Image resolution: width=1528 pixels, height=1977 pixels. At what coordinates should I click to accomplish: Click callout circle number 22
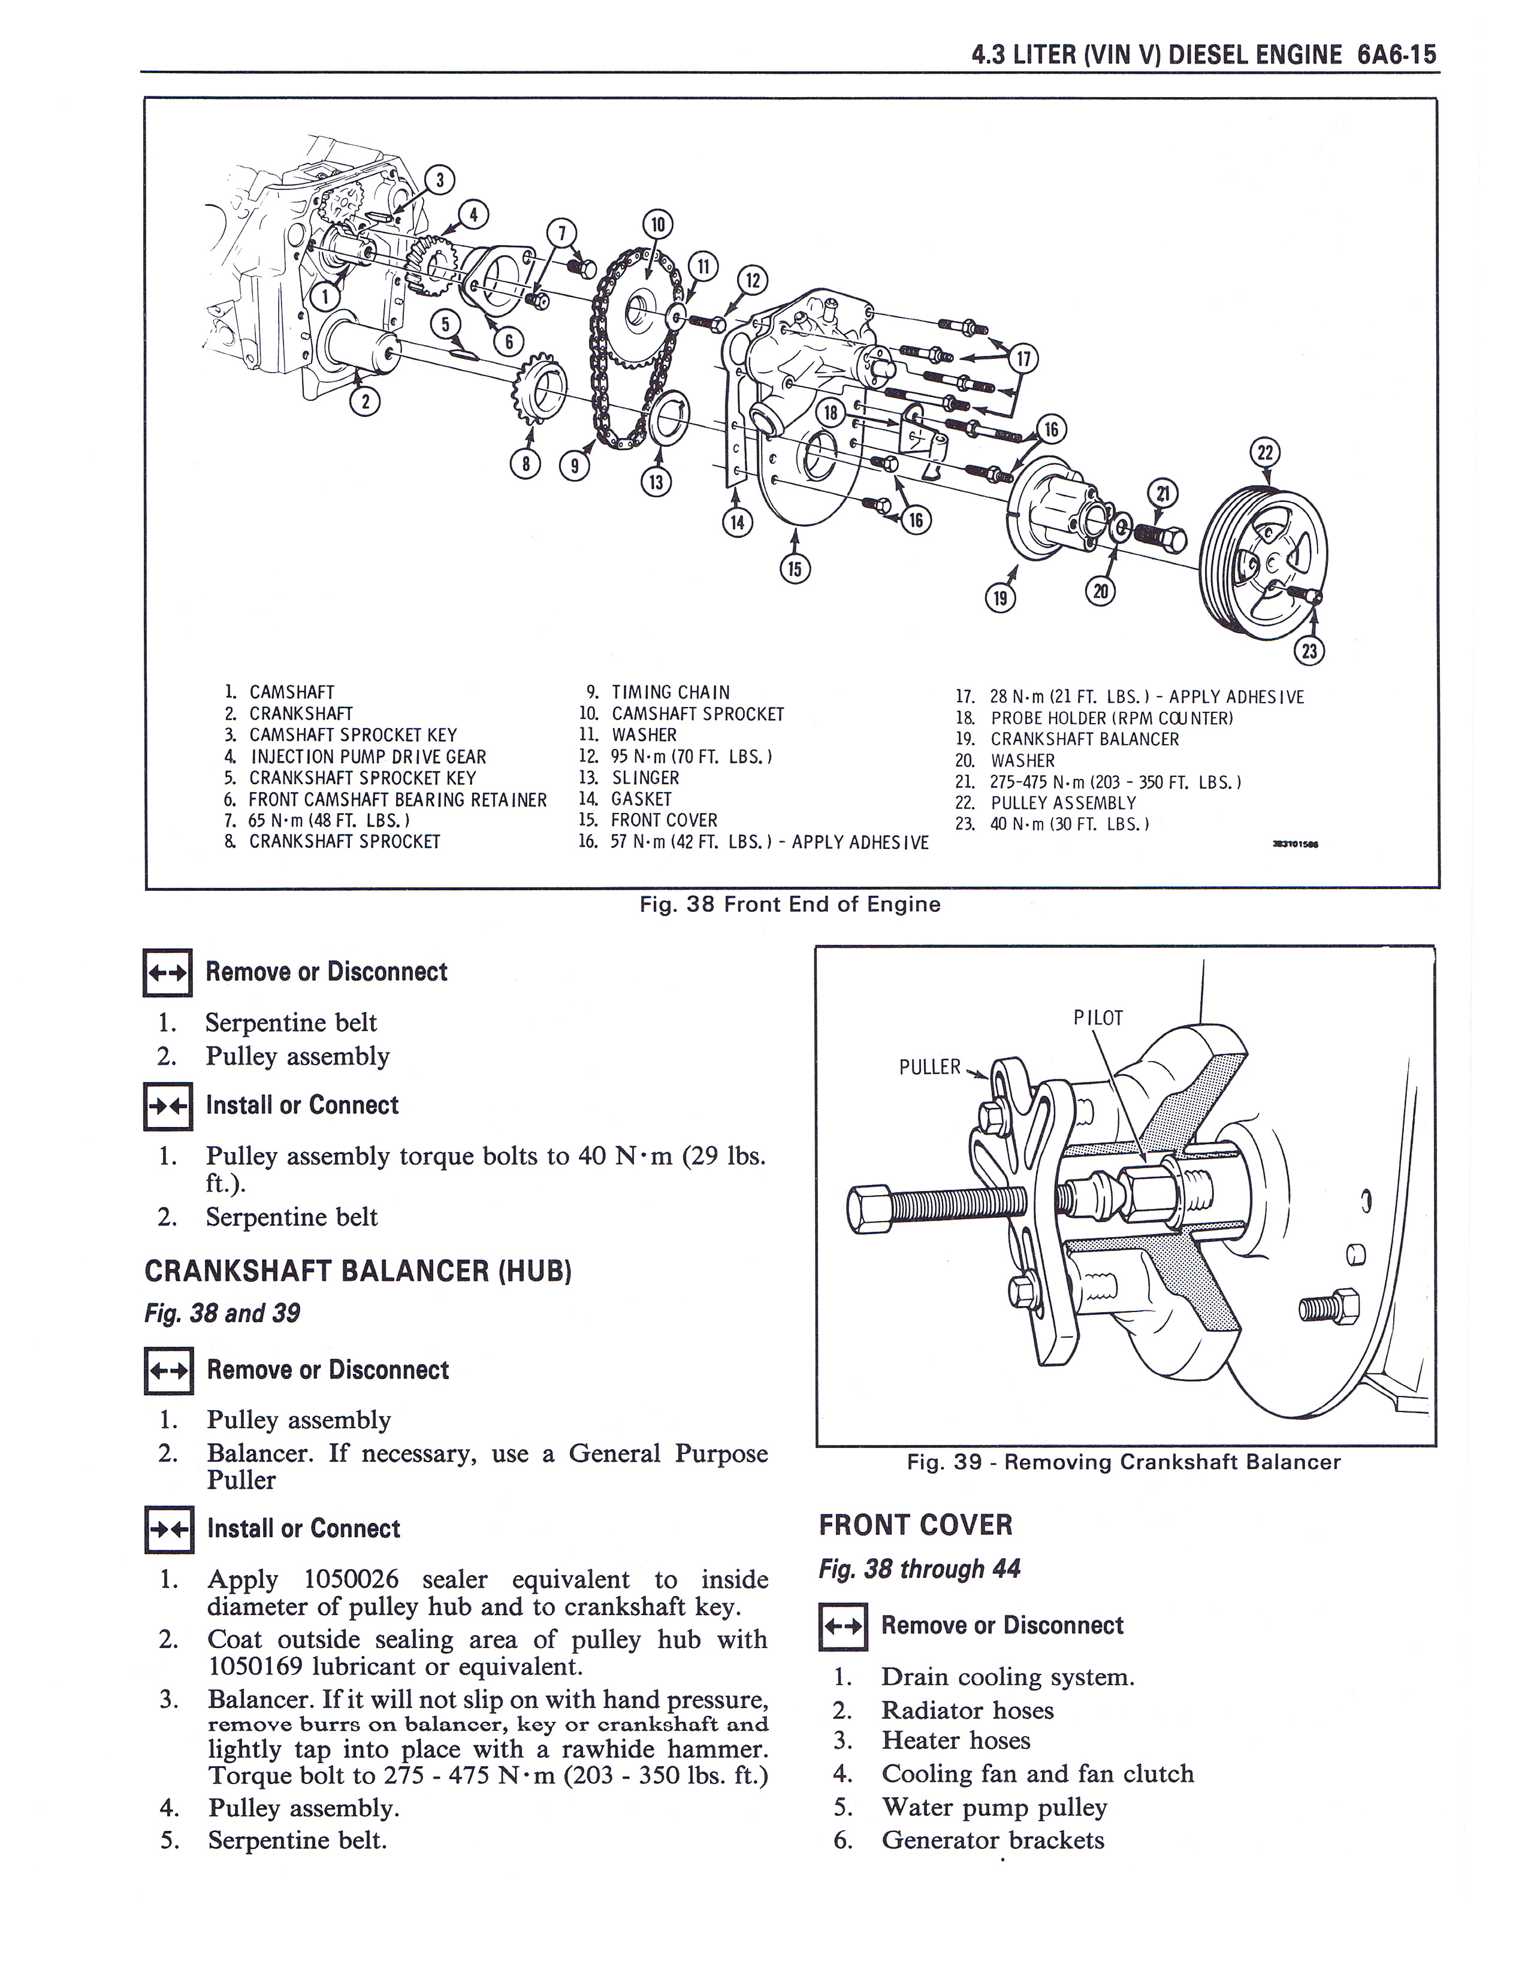[1264, 452]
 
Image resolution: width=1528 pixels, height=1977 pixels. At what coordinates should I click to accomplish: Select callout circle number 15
[795, 569]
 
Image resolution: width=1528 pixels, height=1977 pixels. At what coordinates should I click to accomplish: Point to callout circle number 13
[656, 482]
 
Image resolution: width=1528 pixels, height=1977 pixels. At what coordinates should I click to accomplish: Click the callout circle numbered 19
[999, 597]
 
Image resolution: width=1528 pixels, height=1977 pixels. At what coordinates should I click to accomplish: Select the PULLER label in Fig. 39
[929, 1067]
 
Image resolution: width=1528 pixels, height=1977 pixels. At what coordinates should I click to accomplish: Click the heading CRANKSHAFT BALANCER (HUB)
[358, 1271]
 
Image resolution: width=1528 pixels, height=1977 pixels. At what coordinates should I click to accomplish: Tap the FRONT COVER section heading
[915, 1525]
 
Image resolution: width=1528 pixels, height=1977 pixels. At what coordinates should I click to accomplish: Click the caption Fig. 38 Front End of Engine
[789, 904]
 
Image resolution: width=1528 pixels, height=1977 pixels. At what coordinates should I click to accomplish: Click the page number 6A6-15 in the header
[1397, 55]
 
